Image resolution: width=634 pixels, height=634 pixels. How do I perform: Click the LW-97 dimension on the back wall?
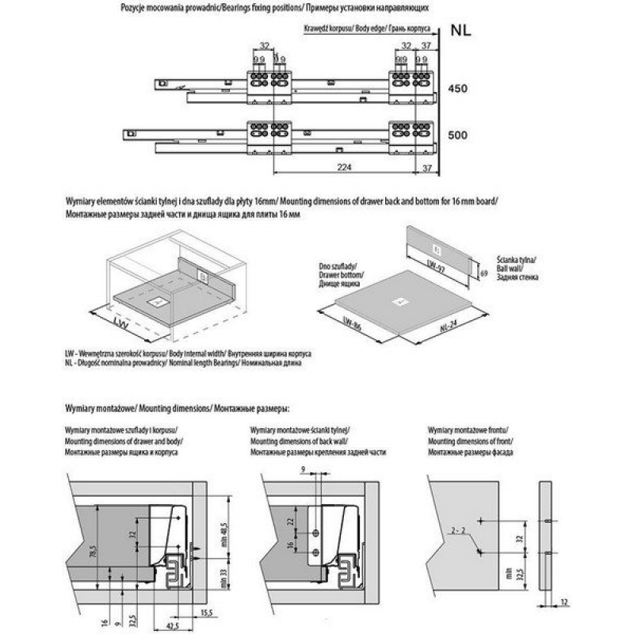(434, 266)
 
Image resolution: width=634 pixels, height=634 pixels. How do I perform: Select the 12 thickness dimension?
(564, 602)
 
